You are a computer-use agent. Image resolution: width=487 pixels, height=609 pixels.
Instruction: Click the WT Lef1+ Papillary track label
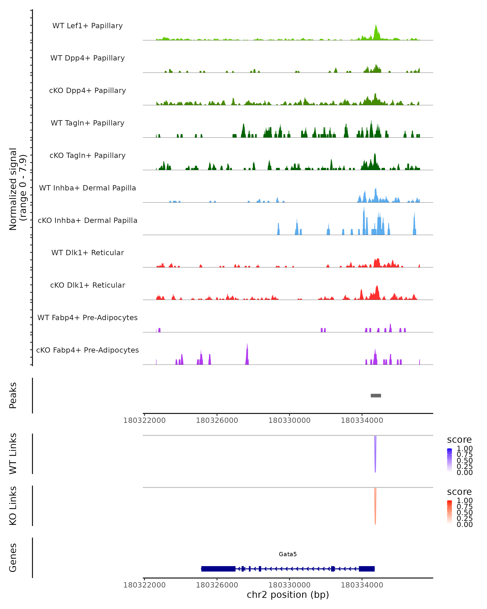(87, 26)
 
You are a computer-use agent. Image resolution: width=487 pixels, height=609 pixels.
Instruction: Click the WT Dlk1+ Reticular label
(87, 253)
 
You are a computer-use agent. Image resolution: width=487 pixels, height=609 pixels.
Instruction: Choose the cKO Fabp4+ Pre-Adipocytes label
(87, 350)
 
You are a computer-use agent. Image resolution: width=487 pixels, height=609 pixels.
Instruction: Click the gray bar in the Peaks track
(376, 395)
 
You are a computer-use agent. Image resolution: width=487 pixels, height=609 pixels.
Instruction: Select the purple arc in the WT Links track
(375, 455)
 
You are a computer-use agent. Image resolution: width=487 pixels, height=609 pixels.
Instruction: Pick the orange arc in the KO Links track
(375, 507)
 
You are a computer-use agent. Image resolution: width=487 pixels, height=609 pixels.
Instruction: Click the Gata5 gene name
(288, 554)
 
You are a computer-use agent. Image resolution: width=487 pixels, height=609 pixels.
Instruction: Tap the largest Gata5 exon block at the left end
(218, 569)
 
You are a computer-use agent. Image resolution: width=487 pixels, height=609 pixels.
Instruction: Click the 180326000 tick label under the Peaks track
(217, 420)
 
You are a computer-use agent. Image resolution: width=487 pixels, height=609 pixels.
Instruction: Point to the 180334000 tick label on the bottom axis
(362, 585)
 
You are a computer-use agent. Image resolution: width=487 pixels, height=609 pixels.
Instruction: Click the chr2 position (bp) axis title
(288, 595)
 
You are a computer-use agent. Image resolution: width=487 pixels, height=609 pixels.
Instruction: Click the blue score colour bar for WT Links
(449, 460)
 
